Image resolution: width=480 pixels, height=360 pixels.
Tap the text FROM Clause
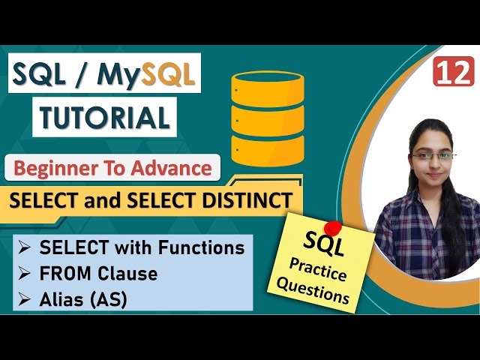coord(99,274)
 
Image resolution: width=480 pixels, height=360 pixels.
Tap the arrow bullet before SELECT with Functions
coord(25,247)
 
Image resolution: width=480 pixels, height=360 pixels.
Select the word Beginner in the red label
coord(64,168)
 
